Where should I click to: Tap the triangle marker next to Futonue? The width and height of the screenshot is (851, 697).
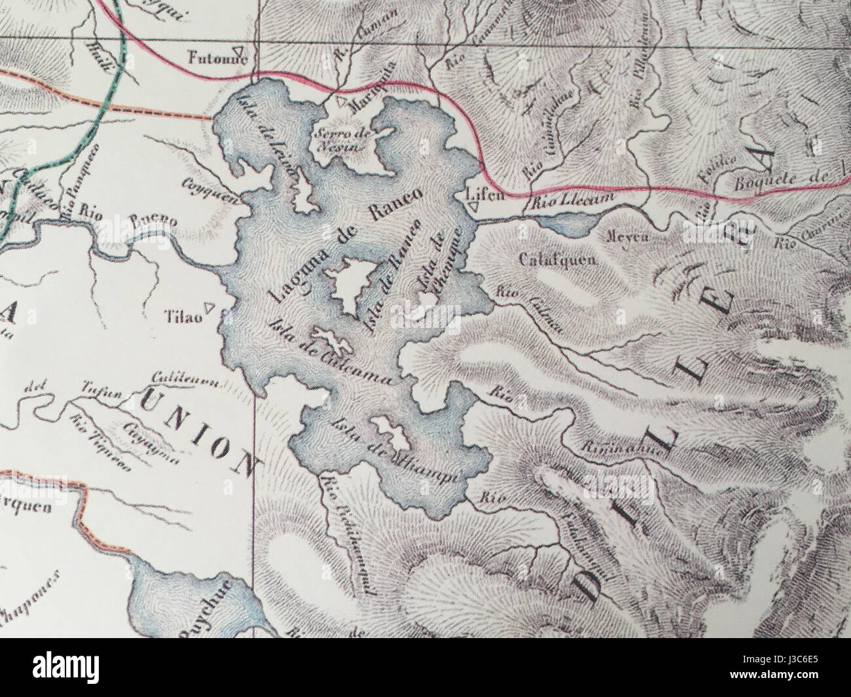pyautogui.click(x=242, y=50)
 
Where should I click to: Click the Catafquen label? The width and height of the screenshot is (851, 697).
pyautogui.click(x=556, y=259)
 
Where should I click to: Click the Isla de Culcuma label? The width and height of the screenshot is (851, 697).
pyautogui.click(x=330, y=353)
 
